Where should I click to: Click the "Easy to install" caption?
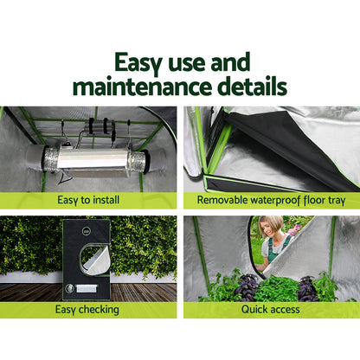90,199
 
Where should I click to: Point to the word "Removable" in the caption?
224,199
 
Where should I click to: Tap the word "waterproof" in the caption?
283,199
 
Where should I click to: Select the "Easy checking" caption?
90,309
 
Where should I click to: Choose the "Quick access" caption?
270,309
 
